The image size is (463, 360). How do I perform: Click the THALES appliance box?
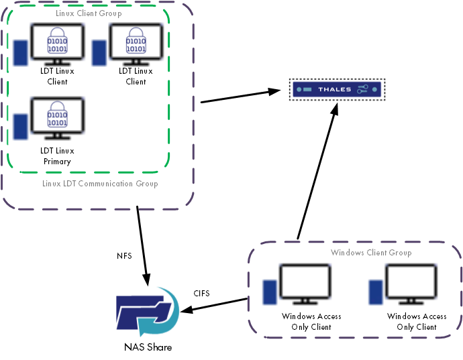point(336,89)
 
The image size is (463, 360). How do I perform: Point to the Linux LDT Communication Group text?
point(100,183)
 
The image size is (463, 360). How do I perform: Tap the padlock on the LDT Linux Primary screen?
point(57,115)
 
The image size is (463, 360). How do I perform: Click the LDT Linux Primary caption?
point(56,156)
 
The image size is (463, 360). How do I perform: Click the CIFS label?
point(203,293)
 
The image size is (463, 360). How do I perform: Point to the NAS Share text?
point(148,347)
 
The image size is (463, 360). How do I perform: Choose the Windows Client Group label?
point(371,253)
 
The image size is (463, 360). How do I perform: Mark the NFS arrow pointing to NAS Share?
point(144,245)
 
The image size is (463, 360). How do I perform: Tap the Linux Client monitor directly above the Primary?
point(57,44)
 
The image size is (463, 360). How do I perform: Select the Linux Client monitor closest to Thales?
point(136,44)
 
